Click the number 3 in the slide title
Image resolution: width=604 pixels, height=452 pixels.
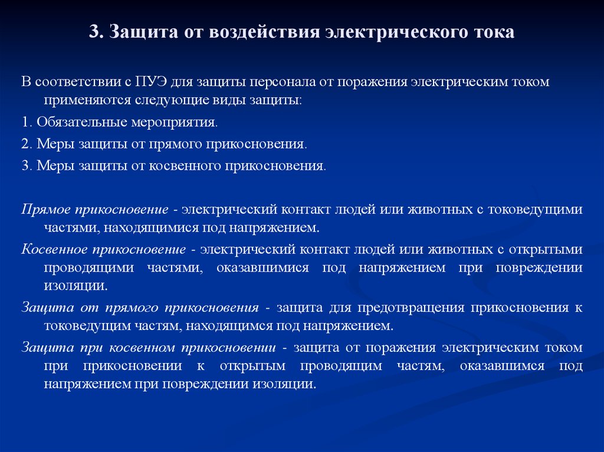point(94,32)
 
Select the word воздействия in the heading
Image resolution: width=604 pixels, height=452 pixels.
point(264,32)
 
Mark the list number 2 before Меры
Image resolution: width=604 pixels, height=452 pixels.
point(25,144)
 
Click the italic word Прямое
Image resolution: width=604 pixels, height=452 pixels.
point(46,210)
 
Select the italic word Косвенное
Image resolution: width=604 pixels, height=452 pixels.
point(54,249)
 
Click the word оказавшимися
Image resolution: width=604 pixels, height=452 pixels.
point(262,268)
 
